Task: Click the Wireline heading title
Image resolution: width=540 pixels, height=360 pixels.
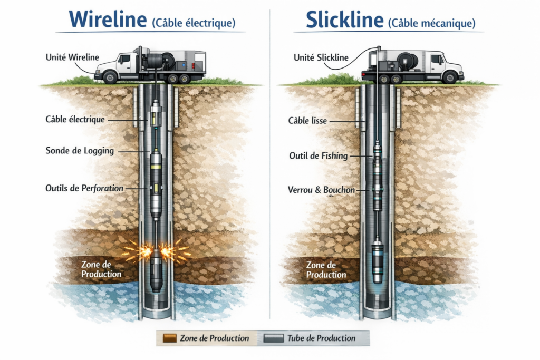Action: pyautogui.click(x=108, y=20)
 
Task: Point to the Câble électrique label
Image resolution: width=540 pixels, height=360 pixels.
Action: pyautogui.click(x=75, y=120)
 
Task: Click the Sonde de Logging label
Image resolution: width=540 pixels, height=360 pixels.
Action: pyautogui.click(x=80, y=151)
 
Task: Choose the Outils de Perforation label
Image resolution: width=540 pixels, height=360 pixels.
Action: pyautogui.click(x=84, y=188)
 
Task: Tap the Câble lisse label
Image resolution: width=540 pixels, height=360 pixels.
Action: pyautogui.click(x=307, y=121)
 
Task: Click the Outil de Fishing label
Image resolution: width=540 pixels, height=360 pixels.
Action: pyautogui.click(x=318, y=155)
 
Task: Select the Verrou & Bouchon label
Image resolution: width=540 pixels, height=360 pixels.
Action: pyautogui.click(x=322, y=189)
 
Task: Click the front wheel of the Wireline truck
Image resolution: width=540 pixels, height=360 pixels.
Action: pyautogui.click(x=110, y=77)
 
